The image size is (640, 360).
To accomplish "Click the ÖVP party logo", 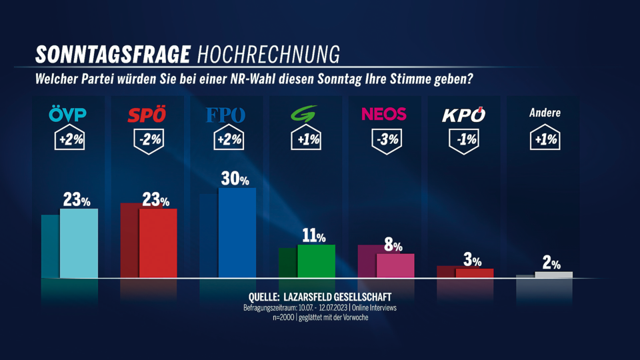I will (x=68, y=115).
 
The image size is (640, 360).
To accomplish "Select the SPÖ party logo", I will (x=147, y=115).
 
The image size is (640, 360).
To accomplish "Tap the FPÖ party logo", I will (x=225, y=115).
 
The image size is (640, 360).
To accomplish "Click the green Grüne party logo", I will (x=305, y=114).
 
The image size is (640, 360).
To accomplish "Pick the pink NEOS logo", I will (x=383, y=114).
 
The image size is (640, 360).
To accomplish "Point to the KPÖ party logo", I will (x=463, y=115).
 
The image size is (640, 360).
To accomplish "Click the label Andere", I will (x=545, y=113).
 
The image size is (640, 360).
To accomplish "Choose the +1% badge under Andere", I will (x=545, y=140).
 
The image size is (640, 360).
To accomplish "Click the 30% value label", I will (x=235, y=179).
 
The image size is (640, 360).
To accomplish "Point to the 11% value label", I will (x=313, y=236).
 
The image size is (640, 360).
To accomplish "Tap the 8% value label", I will (x=393, y=245).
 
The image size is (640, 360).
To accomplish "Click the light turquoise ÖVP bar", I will (x=79, y=243).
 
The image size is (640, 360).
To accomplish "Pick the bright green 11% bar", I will (x=316, y=261).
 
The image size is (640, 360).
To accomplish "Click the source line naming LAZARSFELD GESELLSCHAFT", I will (x=319, y=297).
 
